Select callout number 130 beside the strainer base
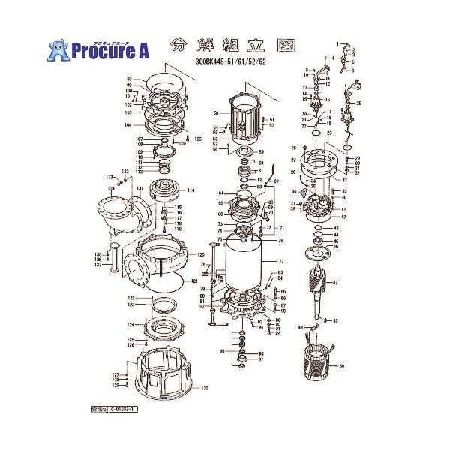tap(203, 388)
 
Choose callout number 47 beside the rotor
tap(335, 283)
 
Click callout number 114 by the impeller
tap(190, 190)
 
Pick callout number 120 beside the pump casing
tap(200, 254)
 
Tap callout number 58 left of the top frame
tap(215, 114)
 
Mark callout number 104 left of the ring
tap(128, 124)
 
